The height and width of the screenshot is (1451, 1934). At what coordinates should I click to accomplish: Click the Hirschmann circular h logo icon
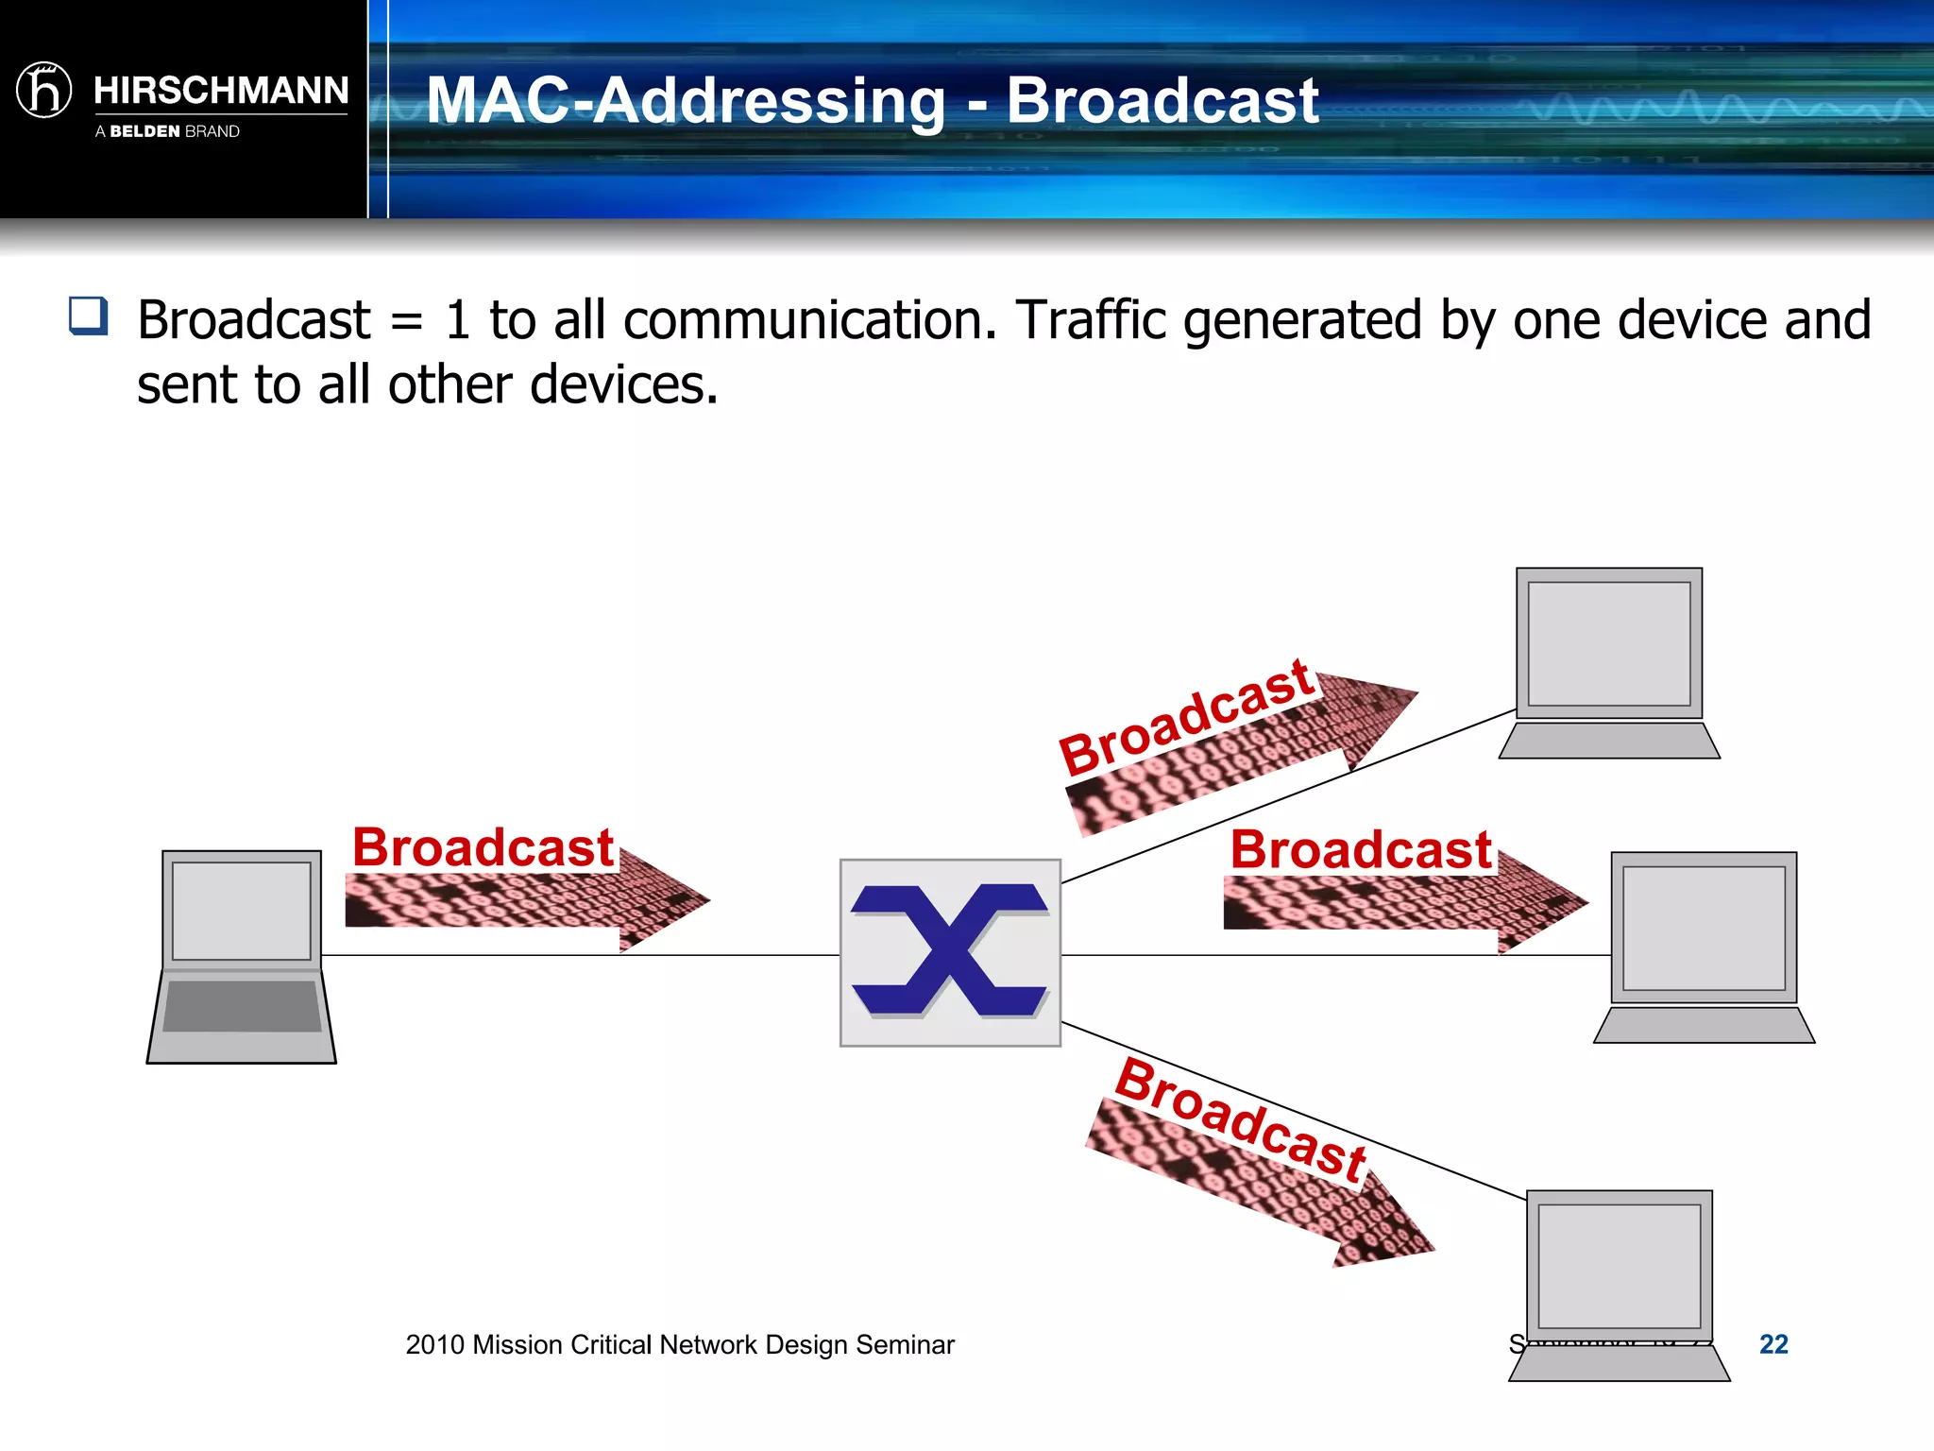[x=44, y=91]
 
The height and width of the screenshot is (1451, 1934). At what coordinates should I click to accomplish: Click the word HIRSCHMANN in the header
[x=221, y=91]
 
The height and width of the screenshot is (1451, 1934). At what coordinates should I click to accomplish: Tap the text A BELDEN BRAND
[x=167, y=131]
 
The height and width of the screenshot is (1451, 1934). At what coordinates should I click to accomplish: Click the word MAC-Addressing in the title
[x=685, y=100]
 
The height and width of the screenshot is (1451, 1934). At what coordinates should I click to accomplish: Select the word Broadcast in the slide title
[x=1162, y=100]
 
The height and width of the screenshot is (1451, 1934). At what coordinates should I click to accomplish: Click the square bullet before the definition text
[x=89, y=316]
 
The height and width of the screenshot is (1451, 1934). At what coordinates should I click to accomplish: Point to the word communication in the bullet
[x=809, y=320]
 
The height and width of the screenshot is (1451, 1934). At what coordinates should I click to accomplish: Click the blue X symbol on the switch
[x=950, y=950]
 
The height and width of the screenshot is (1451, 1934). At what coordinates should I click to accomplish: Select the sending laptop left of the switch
[x=242, y=956]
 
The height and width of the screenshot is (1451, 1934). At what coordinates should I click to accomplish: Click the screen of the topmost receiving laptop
[x=1609, y=643]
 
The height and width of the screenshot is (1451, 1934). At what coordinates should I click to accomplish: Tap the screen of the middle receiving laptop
[x=1704, y=928]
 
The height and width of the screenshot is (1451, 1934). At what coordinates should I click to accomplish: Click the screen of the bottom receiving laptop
[x=1619, y=1266]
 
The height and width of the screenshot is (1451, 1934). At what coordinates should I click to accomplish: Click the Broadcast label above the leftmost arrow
[x=483, y=847]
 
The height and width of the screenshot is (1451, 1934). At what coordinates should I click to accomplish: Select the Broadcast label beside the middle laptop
[x=1360, y=850]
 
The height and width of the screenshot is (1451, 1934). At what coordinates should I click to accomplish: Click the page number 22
[x=1773, y=1344]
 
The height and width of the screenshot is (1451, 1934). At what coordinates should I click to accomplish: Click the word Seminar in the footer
[x=905, y=1344]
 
